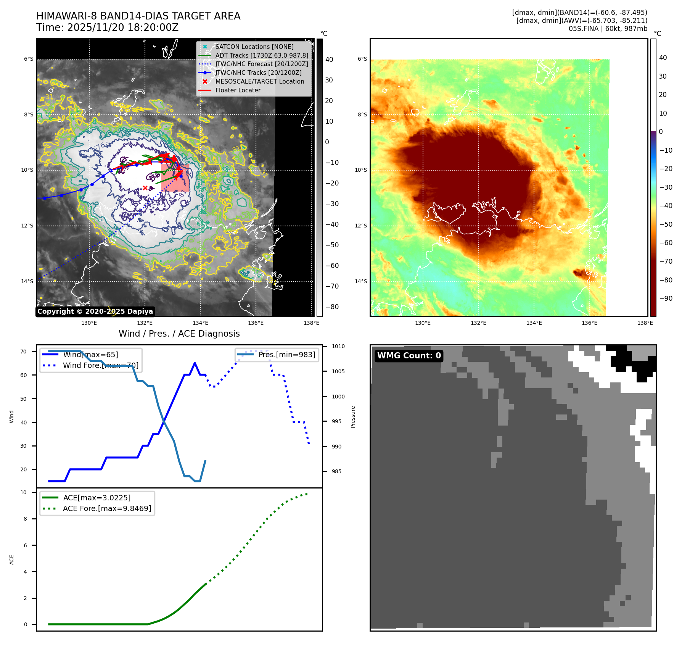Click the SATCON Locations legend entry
coord(254,47)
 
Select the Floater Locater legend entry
coord(238,90)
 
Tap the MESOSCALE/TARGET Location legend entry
coord(259,81)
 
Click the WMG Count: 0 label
coord(409,356)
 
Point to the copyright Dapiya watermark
coord(95,311)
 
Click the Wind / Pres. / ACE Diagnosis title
coord(179,334)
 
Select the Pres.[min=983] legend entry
coord(286,355)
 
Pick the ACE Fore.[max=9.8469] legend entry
coord(107,508)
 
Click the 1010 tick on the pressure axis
coord(338,346)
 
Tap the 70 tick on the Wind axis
coord(24,352)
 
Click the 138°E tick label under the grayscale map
coord(311,323)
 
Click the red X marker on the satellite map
coord(145,188)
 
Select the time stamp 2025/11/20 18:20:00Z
coord(123,27)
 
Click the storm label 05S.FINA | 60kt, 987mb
coord(608,29)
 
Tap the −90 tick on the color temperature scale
coord(666,298)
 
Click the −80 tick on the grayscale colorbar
coord(332,307)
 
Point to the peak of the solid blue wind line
coord(195,363)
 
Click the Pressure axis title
coord(353,417)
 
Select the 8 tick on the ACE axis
coord(26,519)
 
